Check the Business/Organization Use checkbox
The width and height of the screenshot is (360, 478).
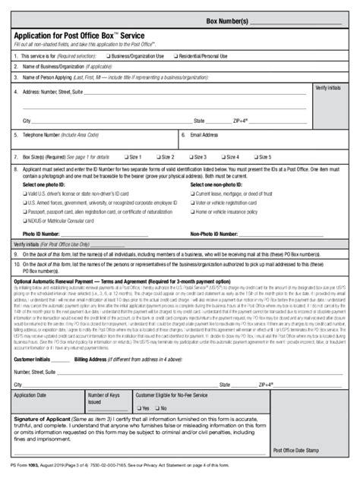point(110,56)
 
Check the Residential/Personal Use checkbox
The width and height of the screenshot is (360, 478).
point(177,56)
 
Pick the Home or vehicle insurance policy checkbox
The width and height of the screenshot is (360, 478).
point(191,212)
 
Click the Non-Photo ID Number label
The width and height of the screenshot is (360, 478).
point(216,234)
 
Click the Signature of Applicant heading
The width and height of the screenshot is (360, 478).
point(46,419)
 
